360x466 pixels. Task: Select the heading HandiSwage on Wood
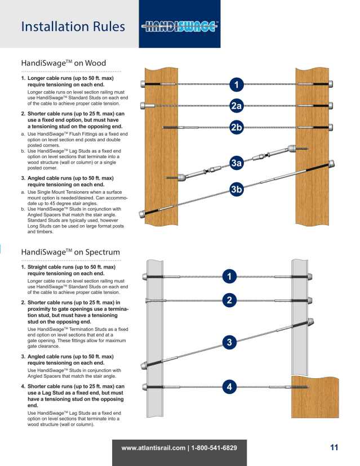point(63,63)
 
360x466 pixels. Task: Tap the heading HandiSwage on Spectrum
point(70,252)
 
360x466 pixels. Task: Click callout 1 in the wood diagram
point(237,85)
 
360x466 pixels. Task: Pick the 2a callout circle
point(237,106)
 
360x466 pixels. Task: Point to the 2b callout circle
point(237,127)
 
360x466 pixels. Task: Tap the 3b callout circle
point(237,189)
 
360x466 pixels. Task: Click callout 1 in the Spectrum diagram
point(229,276)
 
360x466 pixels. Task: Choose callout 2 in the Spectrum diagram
point(229,301)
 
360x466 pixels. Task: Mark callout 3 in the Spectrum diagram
point(229,342)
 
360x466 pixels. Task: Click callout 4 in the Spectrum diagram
point(229,387)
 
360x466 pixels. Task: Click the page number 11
point(334,447)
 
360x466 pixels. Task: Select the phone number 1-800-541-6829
point(214,448)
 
